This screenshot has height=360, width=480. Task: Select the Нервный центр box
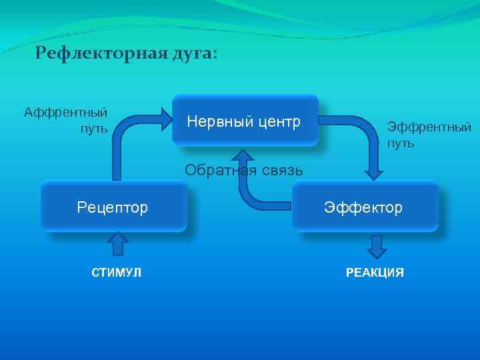tap(245, 121)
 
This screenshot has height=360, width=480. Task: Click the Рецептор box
tap(113, 207)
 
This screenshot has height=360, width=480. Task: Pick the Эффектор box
tap(364, 207)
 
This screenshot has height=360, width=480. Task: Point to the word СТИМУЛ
tap(116, 273)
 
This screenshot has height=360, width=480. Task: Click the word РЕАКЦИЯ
tap(375, 273)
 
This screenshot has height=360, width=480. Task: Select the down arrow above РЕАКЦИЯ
tap(377, 247)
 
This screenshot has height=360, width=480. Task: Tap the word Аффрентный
tap(66, 112)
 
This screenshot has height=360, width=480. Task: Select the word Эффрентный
tap(429, 127)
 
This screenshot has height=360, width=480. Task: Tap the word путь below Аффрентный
tap(94, 127)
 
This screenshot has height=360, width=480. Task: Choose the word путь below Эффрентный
tap(401, 143)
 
